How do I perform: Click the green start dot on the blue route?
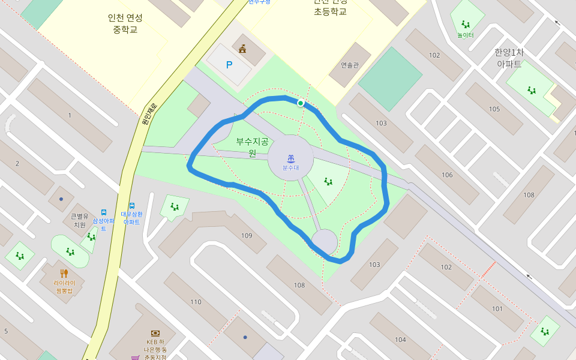coord(301,103)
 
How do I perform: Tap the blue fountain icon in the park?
coord(290,159)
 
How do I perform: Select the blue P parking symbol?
coord(229,65)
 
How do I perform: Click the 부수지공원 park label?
coord(252,147)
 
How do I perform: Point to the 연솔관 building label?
coord(349,65)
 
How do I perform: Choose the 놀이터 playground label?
coord(466,35)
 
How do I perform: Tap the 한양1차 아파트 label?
coord(508,58)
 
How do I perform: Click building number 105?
coord(494,109)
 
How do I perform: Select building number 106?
coord(447,175)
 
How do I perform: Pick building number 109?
coord(247,235)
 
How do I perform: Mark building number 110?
coord(196,302)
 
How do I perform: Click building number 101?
coord(497,309)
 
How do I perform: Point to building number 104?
coord(400,340)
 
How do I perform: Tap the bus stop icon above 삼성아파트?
coord(104,212)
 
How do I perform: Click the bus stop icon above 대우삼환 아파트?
coord(131,206)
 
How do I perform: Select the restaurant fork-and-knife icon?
coord(64,274)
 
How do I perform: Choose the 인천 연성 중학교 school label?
coord(125,23)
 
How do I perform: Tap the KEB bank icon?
coord(155,333)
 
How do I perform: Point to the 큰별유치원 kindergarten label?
coord(80,220)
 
